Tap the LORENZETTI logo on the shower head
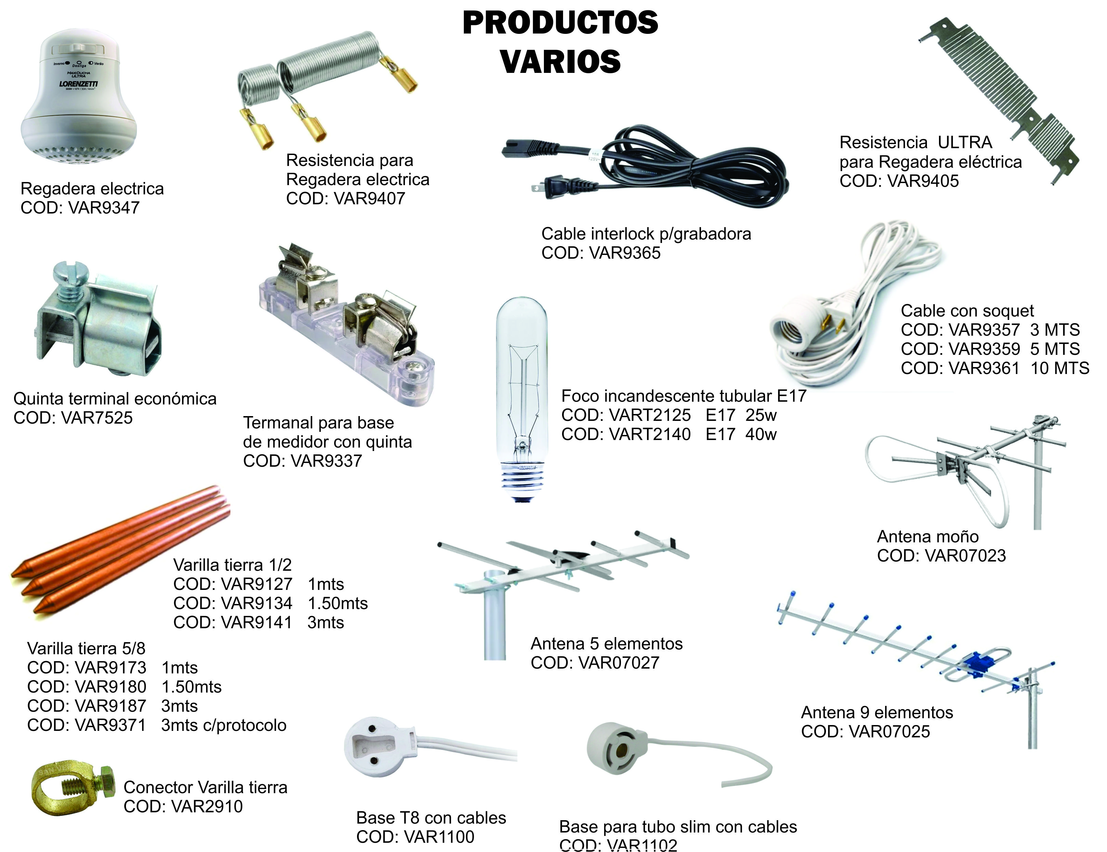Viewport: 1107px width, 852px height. [79, 83]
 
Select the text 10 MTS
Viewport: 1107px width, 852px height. [1059, 368]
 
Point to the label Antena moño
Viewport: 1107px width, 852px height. [928, 537]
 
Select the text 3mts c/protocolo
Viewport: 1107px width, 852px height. [224, 725]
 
